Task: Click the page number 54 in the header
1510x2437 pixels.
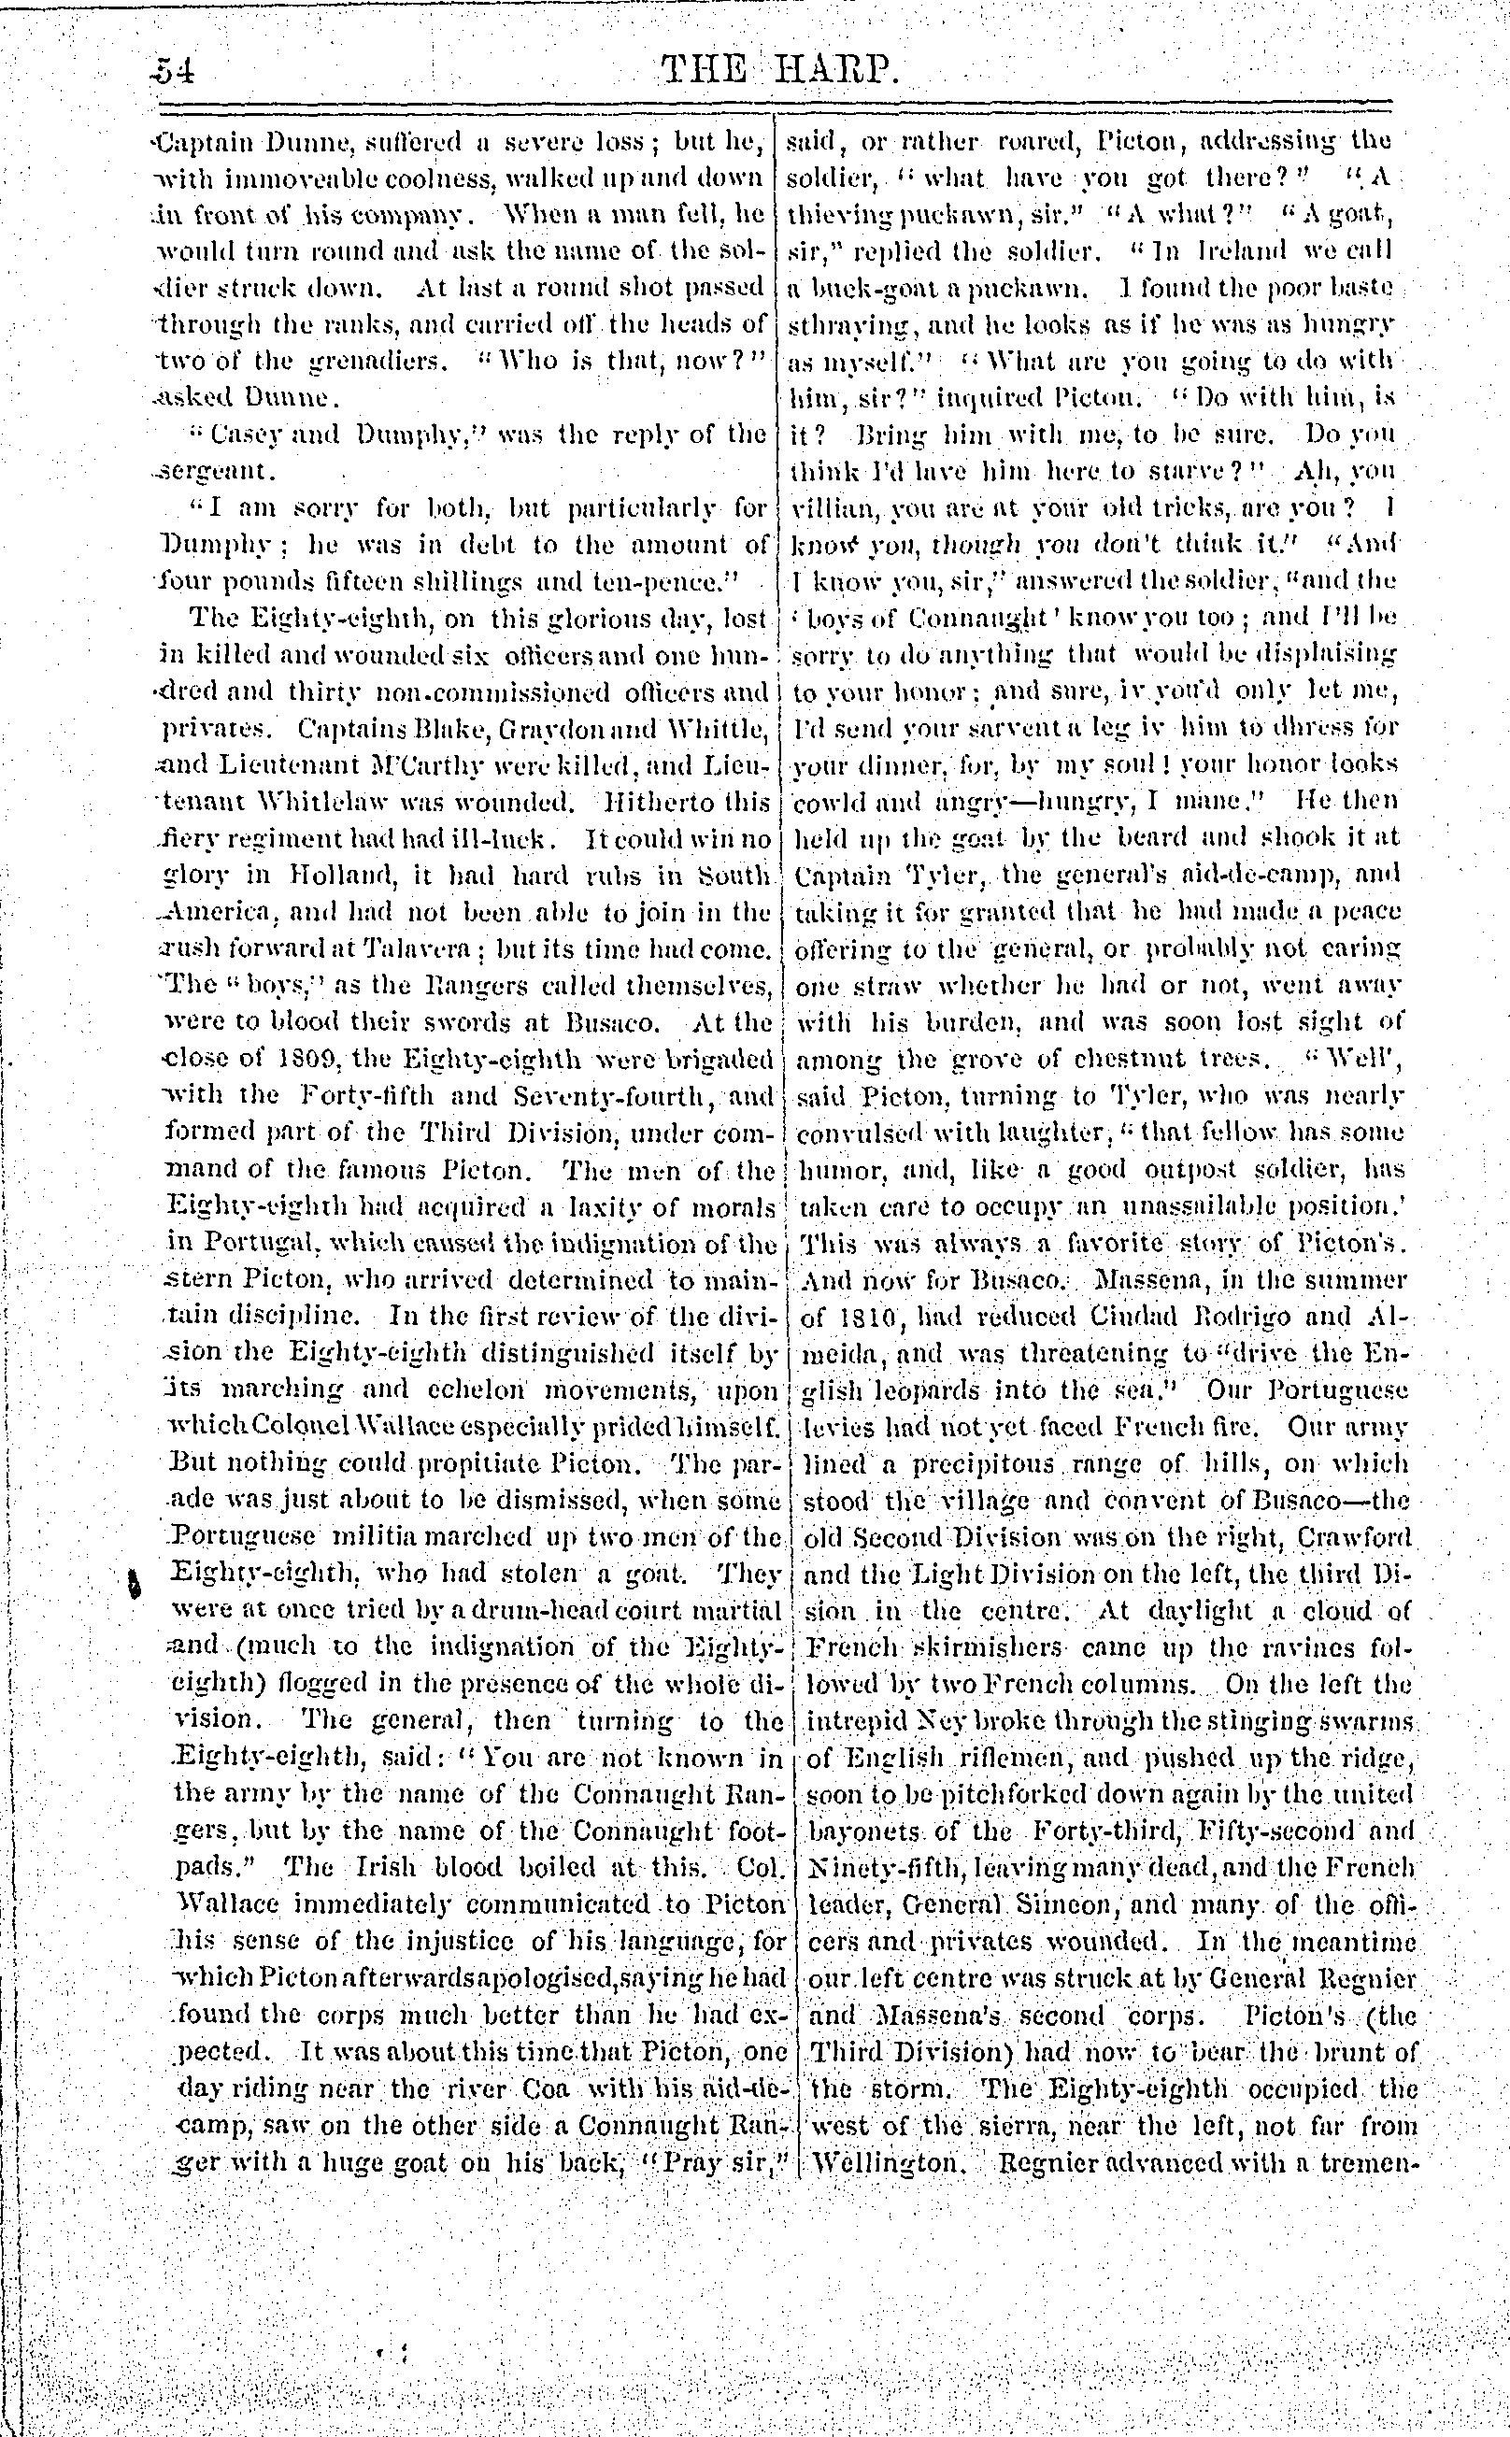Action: coord(174,72)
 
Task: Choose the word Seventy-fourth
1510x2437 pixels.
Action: coord(597,1096)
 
